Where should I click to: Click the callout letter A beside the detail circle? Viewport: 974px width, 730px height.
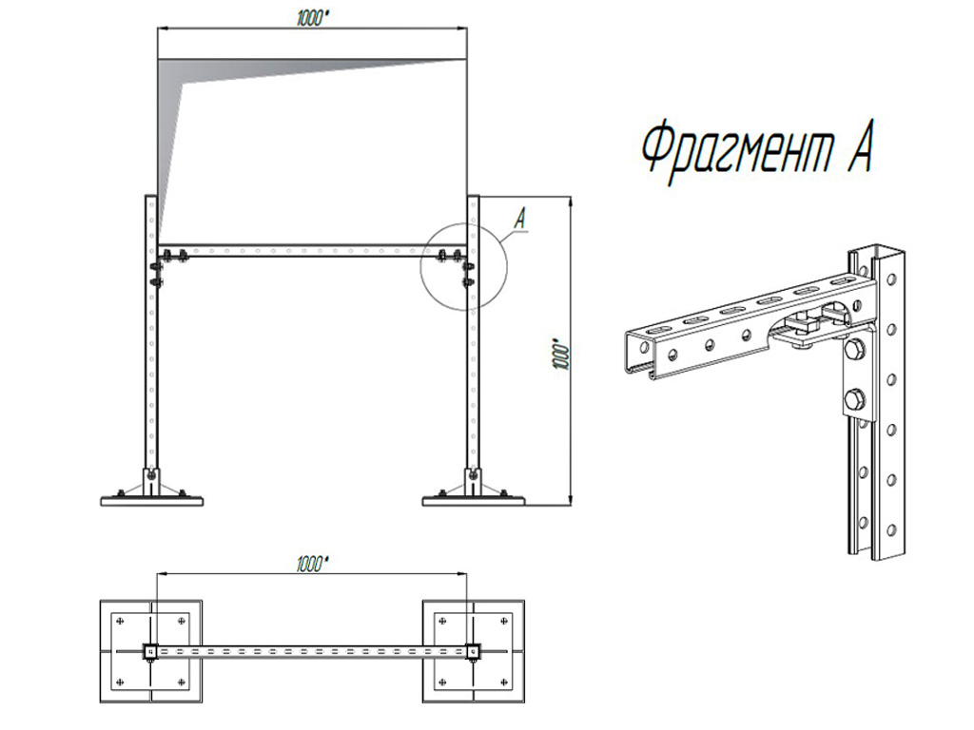coord(520,219)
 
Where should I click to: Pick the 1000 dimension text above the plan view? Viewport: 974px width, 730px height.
coord(312,564)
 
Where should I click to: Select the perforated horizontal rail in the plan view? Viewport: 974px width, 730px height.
coord(312,652)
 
